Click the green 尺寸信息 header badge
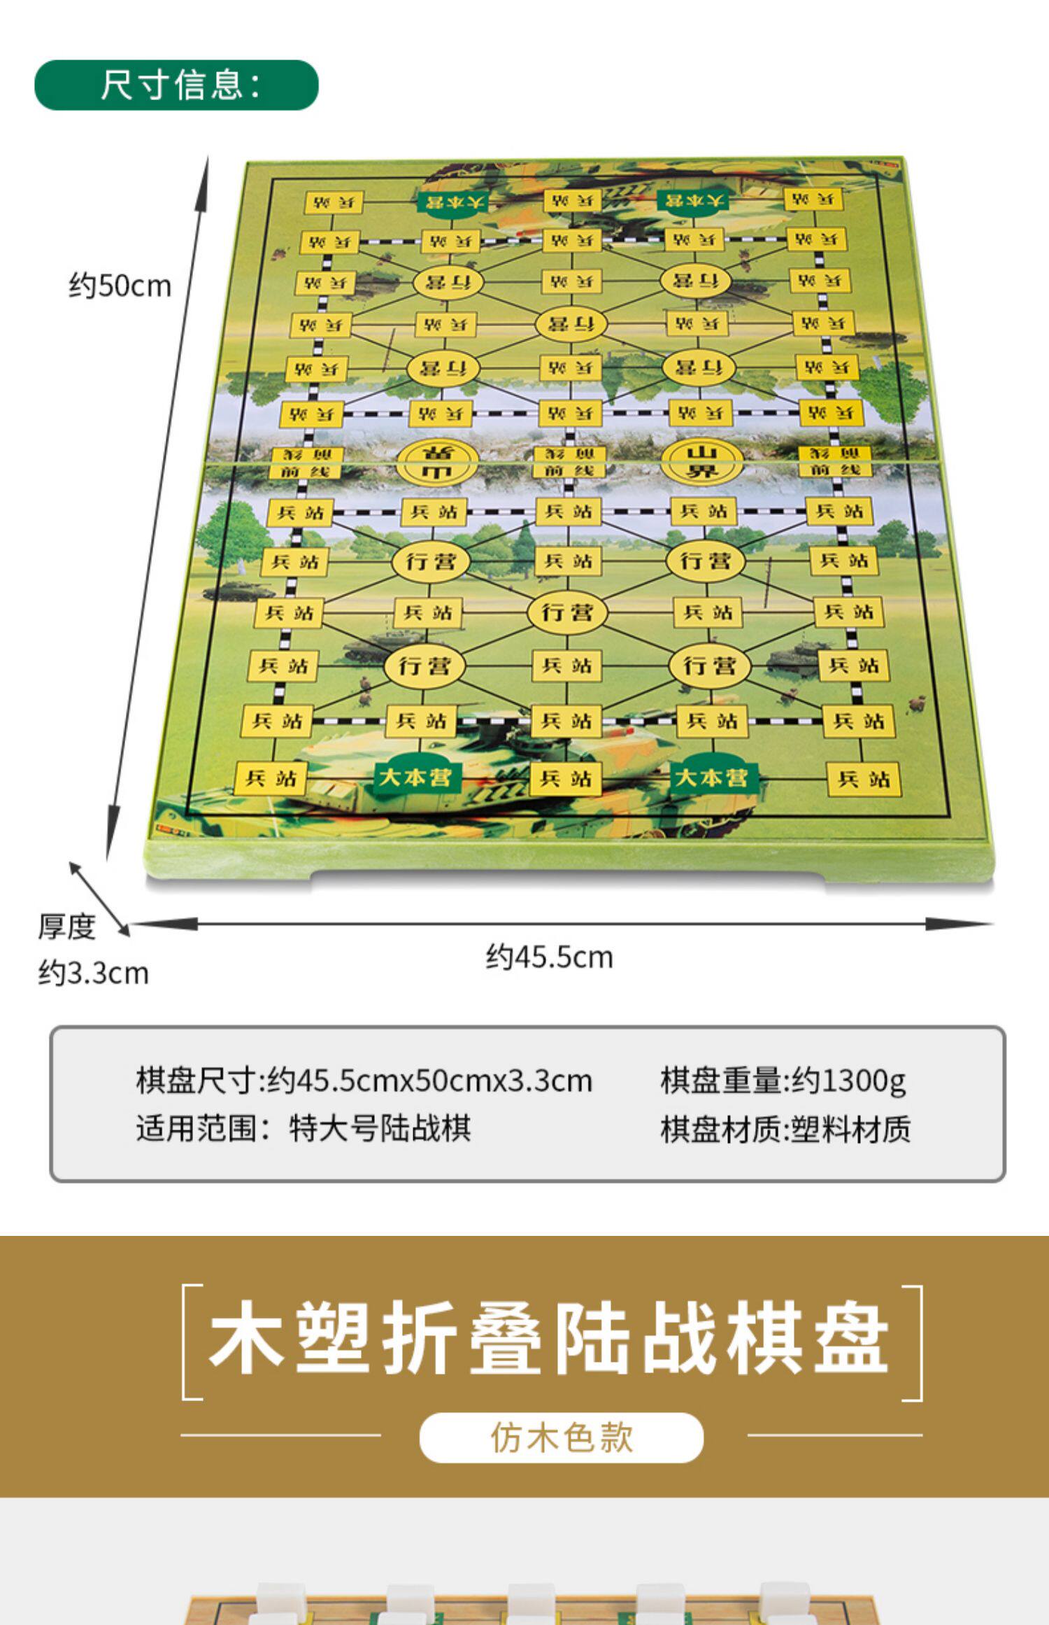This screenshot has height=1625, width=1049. pos(176,85)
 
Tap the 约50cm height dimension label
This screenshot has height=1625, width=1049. pos(120,286)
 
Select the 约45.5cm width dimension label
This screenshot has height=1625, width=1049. pos(549,957)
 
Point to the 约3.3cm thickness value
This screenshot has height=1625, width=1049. pos(93,973)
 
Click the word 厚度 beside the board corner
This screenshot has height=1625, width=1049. pos(66,927)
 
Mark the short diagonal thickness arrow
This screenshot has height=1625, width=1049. pos(99,899)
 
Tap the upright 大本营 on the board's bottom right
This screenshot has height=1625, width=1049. pos(711,778)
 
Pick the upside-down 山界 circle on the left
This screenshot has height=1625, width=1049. pos(438,461)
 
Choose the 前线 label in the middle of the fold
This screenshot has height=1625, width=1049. pos(569,470)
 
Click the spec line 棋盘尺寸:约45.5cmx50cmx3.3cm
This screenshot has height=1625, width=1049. pos(364,1081)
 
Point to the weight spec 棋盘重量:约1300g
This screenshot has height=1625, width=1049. pos(783,1081)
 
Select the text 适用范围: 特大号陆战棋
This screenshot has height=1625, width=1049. pos(303,1128)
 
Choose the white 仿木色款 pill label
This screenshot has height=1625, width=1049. pos(561,1437)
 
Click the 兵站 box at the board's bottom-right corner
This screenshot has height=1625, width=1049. pos(864,778)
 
